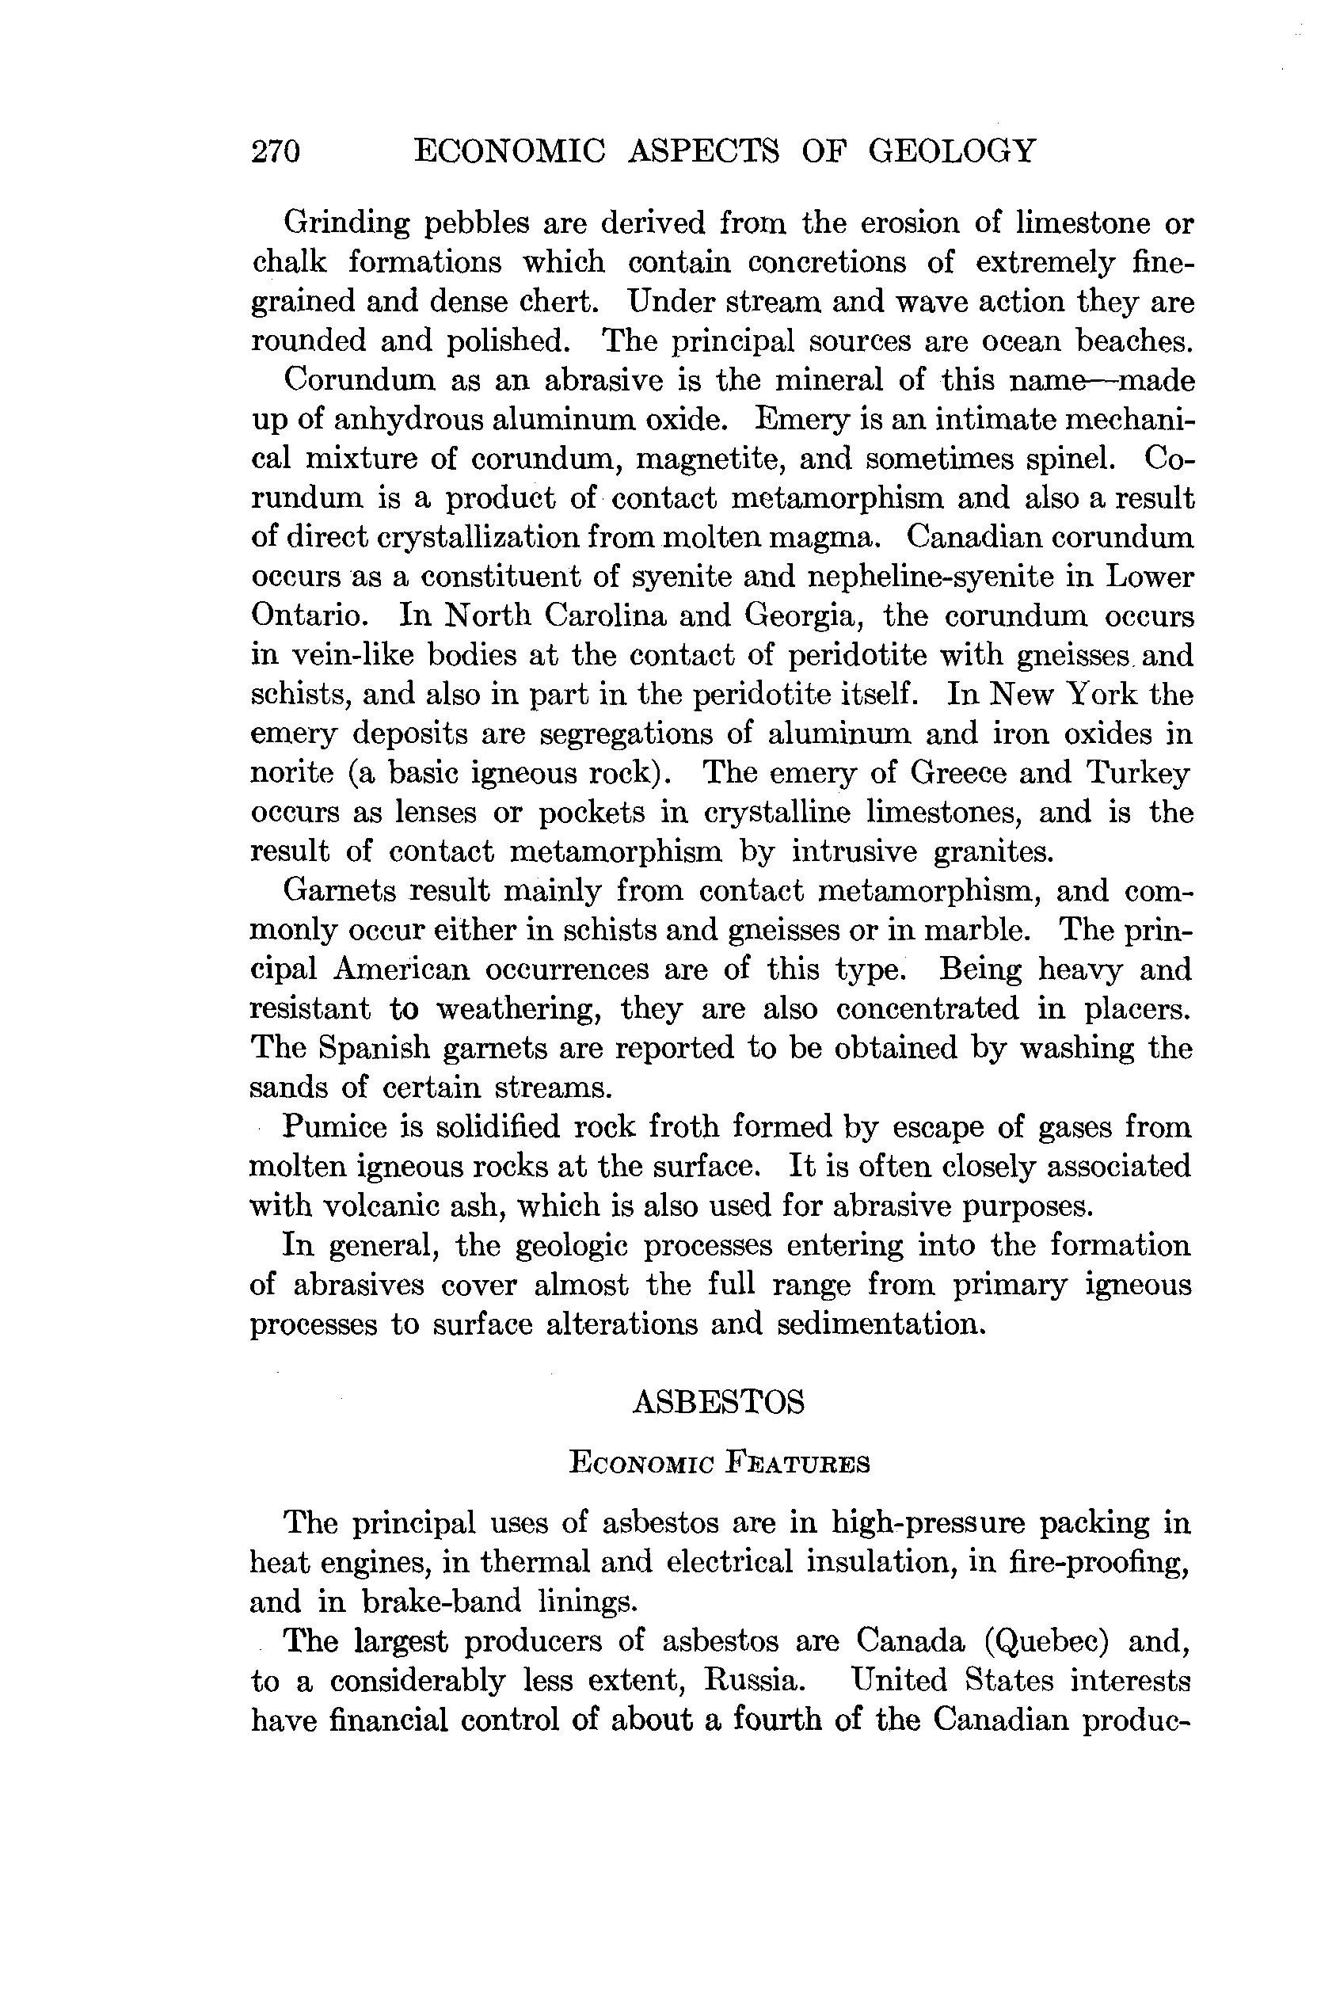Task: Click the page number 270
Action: pyautogui.click(x=276, y=151)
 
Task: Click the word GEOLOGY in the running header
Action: pyautogui.click(x=952, y=151)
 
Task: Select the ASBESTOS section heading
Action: pyautogui.click(x=718, y=1403)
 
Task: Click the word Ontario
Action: pyautogui.click(x=309, y=615)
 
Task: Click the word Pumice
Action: pyautogui.click(x=335, y=1126)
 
